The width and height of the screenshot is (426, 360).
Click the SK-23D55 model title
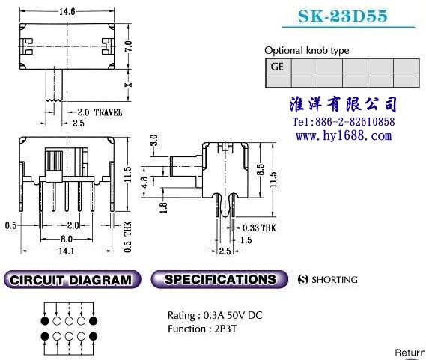(343, 16)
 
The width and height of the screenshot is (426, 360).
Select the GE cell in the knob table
(279, 66)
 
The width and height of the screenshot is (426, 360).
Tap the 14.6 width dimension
(67, 11)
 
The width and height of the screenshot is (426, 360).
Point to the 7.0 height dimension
(129, 46)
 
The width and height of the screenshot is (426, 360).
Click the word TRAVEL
(108, 112)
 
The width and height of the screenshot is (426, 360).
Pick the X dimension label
(128, 85)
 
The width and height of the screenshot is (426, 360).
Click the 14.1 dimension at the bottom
(67, 251)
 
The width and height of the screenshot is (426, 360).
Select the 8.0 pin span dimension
(67, 239)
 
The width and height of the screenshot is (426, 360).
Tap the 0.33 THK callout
(259, 228)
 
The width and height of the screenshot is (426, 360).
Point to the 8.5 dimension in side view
(260, 170)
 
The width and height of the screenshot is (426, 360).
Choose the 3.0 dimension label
(153, 141)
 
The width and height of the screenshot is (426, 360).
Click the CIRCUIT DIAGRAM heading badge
(73, 280)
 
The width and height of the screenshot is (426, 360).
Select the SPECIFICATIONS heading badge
(219, 279)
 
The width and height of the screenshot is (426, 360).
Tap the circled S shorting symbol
(303, 280)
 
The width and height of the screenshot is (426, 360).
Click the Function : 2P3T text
(202, 329)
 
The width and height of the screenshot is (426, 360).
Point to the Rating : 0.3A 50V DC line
(215, 315)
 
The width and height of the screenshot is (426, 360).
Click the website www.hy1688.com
(344, 135)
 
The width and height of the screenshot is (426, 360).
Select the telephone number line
(344, 121)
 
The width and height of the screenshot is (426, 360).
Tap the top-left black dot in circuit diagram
(45, 321)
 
